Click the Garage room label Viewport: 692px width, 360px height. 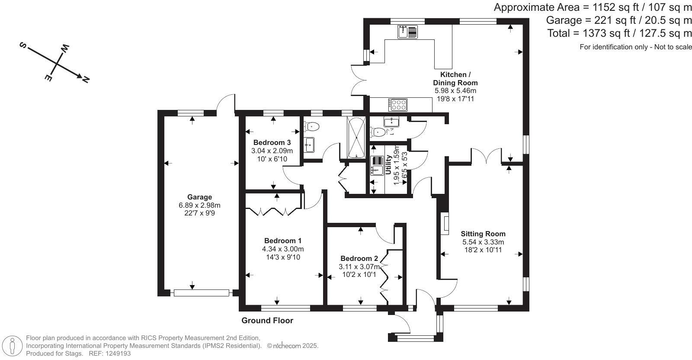point(199,197)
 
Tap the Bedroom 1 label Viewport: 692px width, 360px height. point(283,241)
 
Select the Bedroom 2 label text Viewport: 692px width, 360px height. point(359,259)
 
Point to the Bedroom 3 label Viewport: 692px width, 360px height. point(272,142)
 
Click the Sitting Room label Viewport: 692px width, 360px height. point(483,234)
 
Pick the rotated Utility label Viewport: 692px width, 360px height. point(388,165)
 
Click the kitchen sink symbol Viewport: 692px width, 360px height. point(407,32)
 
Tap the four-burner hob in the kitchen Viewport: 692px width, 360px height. point(398,105)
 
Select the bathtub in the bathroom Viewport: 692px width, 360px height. point(356,137)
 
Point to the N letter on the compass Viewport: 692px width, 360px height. point(86,79)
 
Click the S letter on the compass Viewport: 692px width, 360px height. point(22,45)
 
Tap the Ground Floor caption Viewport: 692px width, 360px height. point(267,321)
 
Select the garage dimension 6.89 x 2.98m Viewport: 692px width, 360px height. point(199,205)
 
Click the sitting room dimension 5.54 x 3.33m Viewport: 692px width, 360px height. point(483,242)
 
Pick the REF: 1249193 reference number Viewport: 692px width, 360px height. point(110,354)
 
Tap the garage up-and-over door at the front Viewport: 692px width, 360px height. point(201,293)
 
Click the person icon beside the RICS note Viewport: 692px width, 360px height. point(13,346)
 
